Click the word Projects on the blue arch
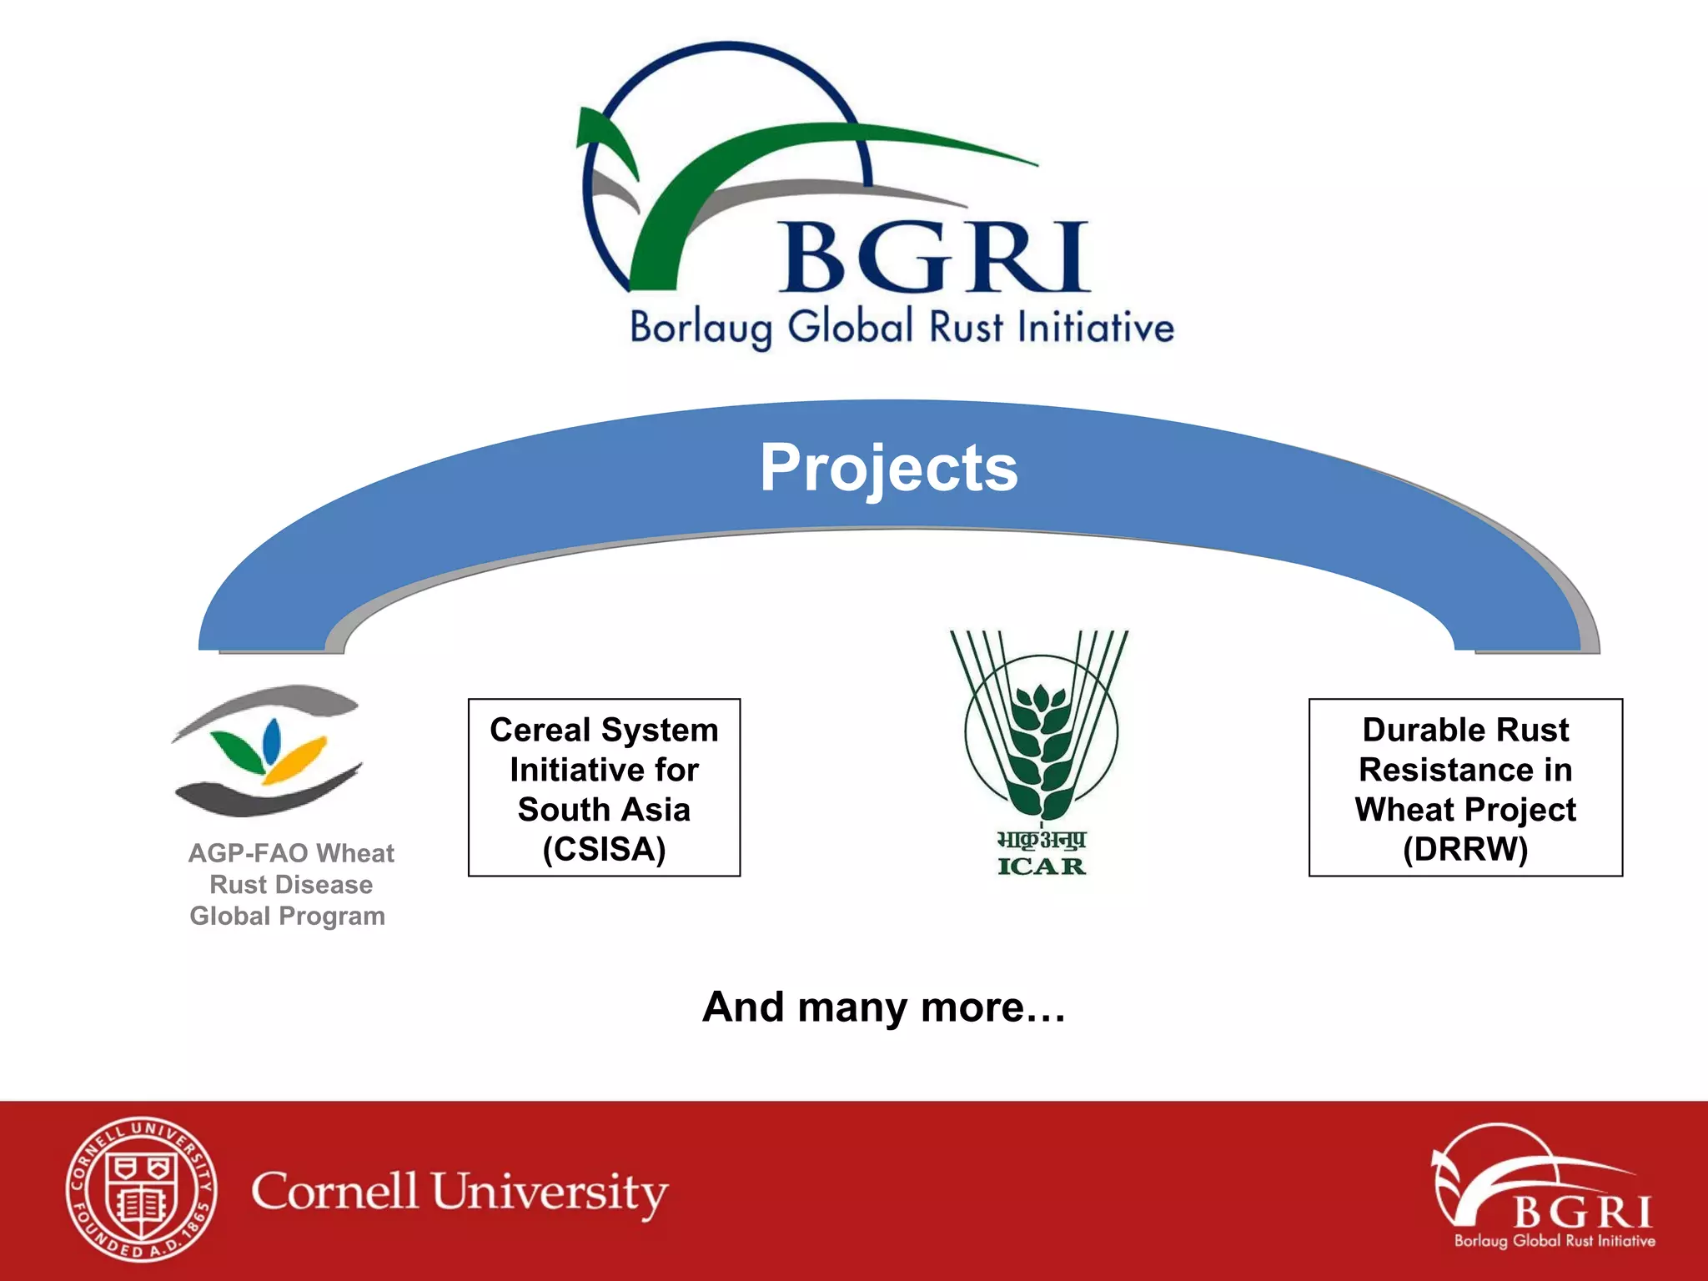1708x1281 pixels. (888, 468)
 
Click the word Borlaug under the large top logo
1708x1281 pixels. (701, 327)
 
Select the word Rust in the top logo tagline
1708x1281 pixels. (966, 327)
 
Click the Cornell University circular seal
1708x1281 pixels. (142, 1188)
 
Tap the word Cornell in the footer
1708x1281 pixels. (334, 1190)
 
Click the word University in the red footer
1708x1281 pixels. (550, 1193)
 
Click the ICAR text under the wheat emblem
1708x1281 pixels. (1042, 867)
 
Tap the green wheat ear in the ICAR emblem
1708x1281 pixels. (1041, 751)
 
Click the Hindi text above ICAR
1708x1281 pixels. (1042, 839)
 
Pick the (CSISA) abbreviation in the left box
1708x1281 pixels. (604, 850)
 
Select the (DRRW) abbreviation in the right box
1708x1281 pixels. (1465, 850)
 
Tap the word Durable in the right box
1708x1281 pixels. (1409, 731)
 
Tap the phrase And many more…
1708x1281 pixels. (884, 1007)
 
